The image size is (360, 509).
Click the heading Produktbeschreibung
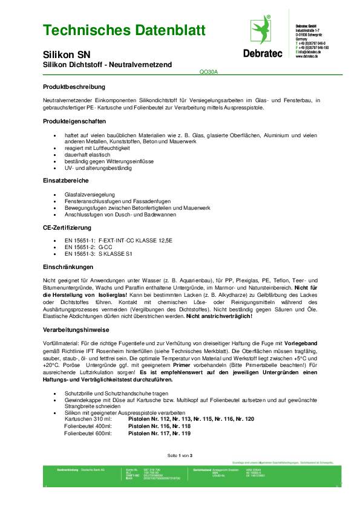[74, 87]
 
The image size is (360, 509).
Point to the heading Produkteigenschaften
[76, 122]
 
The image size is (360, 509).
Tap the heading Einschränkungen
[68, 267]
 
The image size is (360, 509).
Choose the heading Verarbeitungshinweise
[76, 329]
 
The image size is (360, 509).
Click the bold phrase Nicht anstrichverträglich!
[219, 316]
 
